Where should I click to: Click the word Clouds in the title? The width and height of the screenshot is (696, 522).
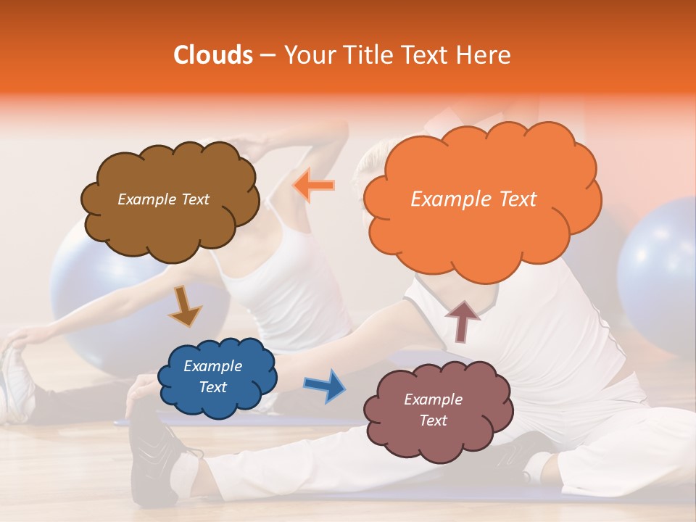coord(213,55)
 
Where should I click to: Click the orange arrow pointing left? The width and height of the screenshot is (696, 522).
coord(313,186)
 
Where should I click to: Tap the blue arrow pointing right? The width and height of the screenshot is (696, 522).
coord(324,384)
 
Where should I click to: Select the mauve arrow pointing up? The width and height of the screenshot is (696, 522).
coord(463,320)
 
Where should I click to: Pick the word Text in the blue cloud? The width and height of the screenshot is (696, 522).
coord(213,388)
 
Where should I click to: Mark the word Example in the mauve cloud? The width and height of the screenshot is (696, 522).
coord(433,399)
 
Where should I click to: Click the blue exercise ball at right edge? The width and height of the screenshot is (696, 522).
coord(660,275)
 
